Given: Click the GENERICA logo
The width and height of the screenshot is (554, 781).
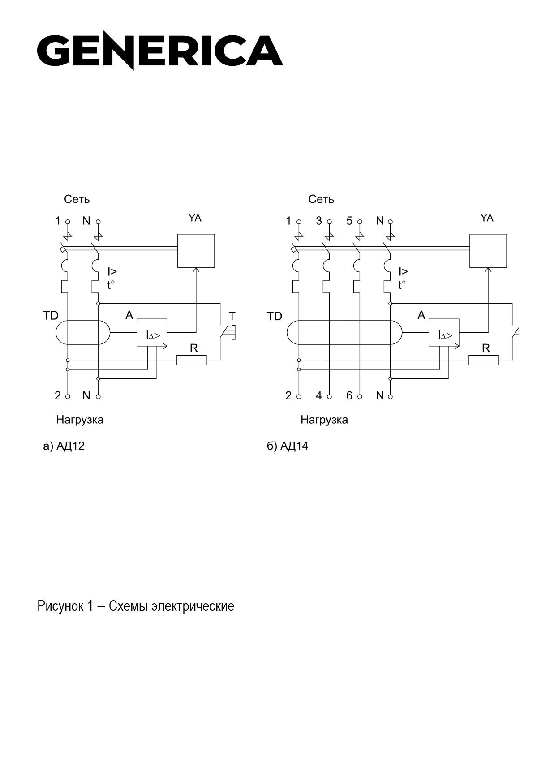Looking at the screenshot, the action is pyautogui.click(x=160, y=51).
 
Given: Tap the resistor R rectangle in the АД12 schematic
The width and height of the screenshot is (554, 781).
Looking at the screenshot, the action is pyautogui.click(x=192, y=360).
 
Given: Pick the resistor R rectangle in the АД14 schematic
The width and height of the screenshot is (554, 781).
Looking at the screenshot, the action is pyautogui.click(x=484, y=360).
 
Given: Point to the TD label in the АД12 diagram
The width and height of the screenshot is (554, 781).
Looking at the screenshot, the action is pyautogui.click(x=51, y=316).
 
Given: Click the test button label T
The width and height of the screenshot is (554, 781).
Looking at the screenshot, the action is pyautogui.click(x=232, y=316).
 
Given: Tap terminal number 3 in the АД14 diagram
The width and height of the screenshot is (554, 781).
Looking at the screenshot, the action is pyautogui.click(x=319, y=221).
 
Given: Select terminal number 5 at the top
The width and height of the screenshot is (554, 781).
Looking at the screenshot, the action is pyautogui.click(x=349, y=221).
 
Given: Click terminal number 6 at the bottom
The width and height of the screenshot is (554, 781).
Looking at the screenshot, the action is pyautogui.click(x=349, y=395).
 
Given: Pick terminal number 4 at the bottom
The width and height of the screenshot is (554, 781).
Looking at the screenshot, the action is pyautogui.click(x=319, y=395).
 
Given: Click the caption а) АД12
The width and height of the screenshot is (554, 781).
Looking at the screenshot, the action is pyautogui.click(x=64, y=446).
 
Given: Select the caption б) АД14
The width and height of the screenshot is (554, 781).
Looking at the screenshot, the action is pyautogui.click(x=288, y=446).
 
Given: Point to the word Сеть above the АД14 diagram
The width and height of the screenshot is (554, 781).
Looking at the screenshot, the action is pyautogui.click(x=321, y=199).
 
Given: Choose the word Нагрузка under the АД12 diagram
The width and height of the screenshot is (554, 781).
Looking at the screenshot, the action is pyautogui.click(x=80, y=420).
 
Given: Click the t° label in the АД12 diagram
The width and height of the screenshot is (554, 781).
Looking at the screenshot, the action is pyautogui.click(x=111, y=285).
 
